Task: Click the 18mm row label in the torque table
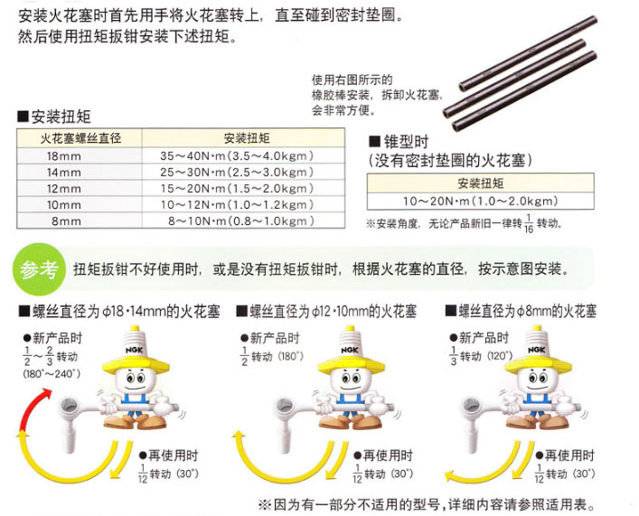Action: pyautogui.click(x=64, y=156)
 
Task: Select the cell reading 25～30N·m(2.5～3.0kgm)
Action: pyautogui.click(x=237, y=173)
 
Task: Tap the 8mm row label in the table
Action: pyautogui.click(x=66, y=221)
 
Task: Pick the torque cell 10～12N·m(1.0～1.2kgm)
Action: pyautogui.click(x=237, y=205)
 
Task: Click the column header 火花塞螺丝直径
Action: pyautogui.click(x=80, y=138)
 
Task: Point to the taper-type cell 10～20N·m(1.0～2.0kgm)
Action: pyautogui.click(x=481, y=202)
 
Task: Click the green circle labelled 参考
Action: pyautogui.click(x=39, y=269)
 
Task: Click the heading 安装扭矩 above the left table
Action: pyautogui.click(x=61, y=117)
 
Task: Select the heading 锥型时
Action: pyautogui.click(x=406, y=142)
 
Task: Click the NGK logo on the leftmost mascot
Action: pyautogui.click(x=134, y=350)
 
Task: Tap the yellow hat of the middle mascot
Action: pyautogui.click(x=351, y=364)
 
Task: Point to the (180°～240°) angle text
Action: pyautogui.click(x=52, y=374)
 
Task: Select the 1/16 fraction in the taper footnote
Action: pyautogui.click(x=529, y=224)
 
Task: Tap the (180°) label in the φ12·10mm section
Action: pyautogui.click(x=291, y=356)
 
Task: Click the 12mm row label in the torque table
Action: pyautogui.click(x=64, y=189)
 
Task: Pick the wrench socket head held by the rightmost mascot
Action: pyautogui.click(x=472, y=406)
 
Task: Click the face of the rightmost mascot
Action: pyautogui.click(x=538, y=380)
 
